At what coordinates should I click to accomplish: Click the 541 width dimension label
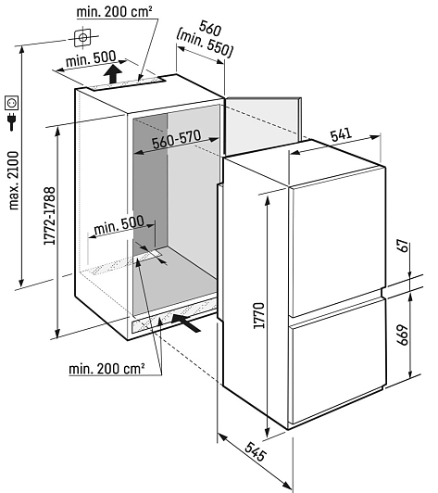341,135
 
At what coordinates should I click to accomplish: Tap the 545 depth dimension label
256,452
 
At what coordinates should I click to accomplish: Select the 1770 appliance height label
259,315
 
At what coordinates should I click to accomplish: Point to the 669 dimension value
403,335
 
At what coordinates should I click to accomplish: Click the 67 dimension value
403,246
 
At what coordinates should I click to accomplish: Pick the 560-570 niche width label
176,139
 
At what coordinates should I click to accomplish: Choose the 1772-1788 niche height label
50,216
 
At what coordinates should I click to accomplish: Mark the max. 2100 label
14,181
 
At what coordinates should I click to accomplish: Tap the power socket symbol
12,103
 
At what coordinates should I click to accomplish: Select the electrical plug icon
12,121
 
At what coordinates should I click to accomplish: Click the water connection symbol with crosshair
82,38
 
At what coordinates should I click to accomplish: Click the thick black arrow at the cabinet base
186,322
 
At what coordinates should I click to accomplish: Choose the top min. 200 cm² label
115,12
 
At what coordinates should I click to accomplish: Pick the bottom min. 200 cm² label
106,368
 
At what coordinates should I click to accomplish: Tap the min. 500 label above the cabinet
91,58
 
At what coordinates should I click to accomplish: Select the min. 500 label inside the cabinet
119,225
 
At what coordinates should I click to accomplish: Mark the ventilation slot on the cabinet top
125,83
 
